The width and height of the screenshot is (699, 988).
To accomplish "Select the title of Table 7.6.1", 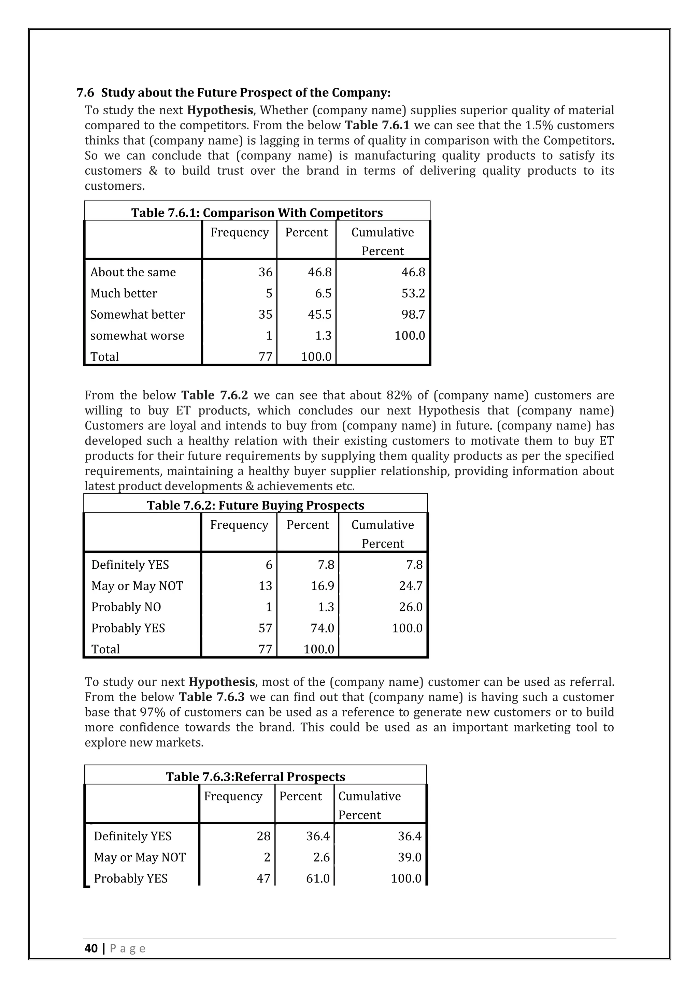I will click(x=257, y=213).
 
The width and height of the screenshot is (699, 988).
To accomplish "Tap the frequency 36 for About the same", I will click(x=265, y=272).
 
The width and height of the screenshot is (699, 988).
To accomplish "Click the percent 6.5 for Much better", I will click(x=323, y=293).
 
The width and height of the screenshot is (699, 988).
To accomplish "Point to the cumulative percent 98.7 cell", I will click(x=413, y=314).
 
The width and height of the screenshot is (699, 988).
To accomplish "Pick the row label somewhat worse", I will click(x=137, y=335).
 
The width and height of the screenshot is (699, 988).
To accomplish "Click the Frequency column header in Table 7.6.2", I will click(x=239, y=525).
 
